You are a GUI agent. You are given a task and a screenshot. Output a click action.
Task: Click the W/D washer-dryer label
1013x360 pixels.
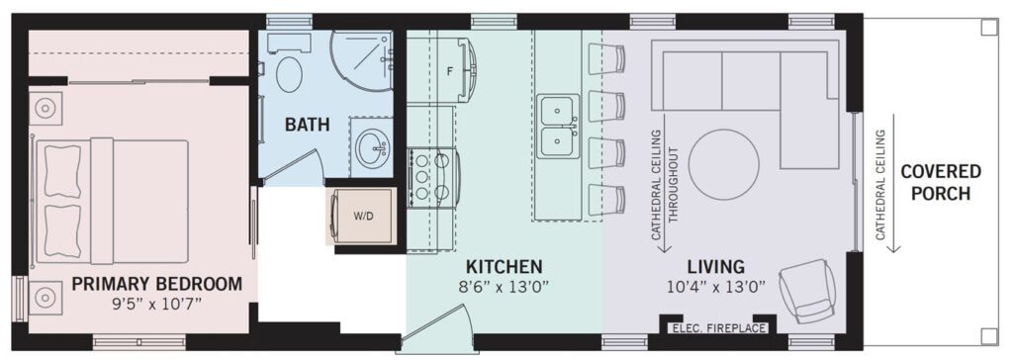363,217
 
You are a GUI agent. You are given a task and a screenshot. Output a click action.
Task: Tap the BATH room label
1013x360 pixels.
308,124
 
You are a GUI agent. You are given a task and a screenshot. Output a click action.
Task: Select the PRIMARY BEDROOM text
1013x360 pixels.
157,284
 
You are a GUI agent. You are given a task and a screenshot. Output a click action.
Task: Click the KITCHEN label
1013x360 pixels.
504,266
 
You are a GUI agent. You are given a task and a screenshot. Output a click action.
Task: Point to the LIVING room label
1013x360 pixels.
715,266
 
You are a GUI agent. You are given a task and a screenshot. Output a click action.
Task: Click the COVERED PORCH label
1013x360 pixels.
941,182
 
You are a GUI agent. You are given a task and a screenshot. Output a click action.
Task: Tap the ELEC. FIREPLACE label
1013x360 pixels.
719,328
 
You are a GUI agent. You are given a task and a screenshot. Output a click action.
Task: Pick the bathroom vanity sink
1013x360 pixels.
373,147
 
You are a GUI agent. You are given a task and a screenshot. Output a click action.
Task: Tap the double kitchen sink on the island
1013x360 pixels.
560,126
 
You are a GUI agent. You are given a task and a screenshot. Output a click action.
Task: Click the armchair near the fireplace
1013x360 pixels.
805,290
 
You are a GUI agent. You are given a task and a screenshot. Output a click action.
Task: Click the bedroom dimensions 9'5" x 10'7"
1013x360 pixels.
157,303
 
